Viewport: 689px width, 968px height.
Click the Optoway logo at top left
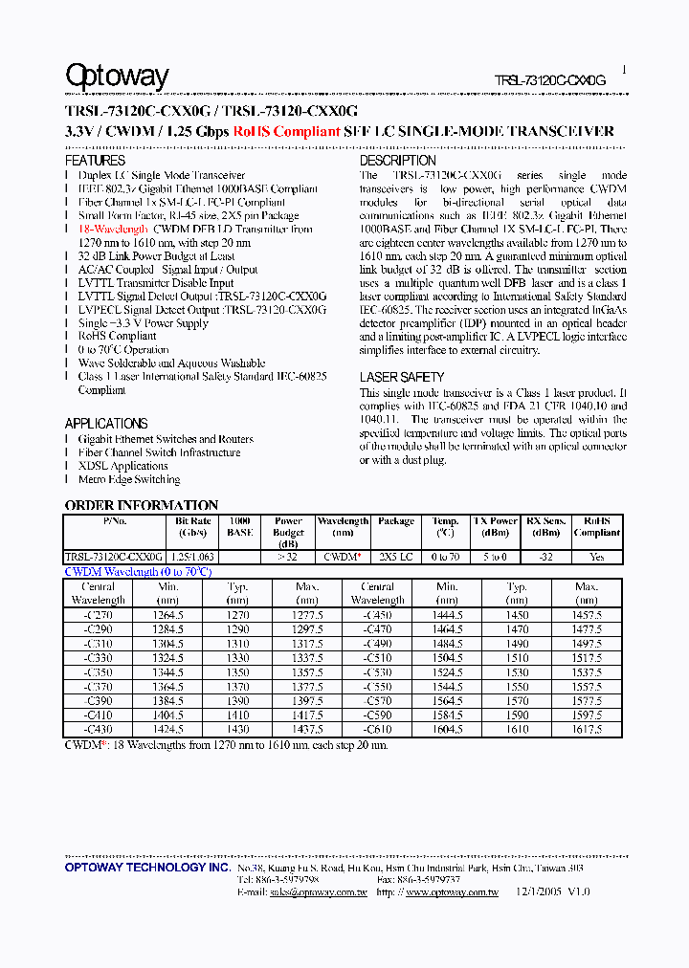(x=117, y=77)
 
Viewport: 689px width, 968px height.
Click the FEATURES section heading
(x=95, y=161)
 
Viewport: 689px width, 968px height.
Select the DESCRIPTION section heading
(x=397, y=161)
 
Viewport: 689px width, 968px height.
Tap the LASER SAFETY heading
(x=402, y=377)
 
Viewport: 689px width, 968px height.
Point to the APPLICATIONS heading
(x=106, y=423)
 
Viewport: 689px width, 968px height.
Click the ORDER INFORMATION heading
(x=142, y=505)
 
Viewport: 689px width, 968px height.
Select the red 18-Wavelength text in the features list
(x=113, y=230)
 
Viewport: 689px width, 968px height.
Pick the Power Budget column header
(x=288, y=533)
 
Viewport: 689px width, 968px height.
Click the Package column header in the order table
(x=396, y=521)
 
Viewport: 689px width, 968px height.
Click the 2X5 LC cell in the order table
(x=396, y=557)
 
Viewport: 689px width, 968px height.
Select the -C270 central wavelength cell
(x=99, y=616)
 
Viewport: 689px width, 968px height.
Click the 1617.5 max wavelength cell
(x=587, y=729)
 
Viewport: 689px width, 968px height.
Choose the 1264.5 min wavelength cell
(x=168, y=616)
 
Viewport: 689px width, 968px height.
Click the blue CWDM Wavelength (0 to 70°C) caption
(x=137, y=571)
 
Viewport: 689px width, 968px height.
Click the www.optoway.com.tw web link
(x=452, y=891)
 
